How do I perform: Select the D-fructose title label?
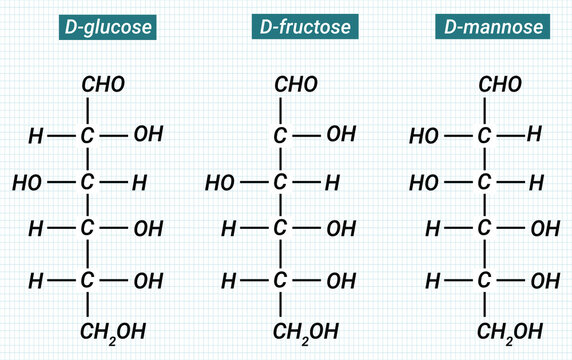pos(301,27)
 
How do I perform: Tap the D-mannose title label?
pos(489,27)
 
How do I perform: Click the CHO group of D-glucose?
pos(103,85)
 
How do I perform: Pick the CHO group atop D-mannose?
pos(500,85)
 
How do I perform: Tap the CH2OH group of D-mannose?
pos(510,331)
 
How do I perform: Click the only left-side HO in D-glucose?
pos(27,183)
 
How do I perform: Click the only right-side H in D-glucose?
pos(140,183)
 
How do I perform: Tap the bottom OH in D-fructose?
pos(342,281)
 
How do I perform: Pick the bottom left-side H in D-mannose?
pos(433,281)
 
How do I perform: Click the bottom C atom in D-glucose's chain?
pos(87,281)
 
